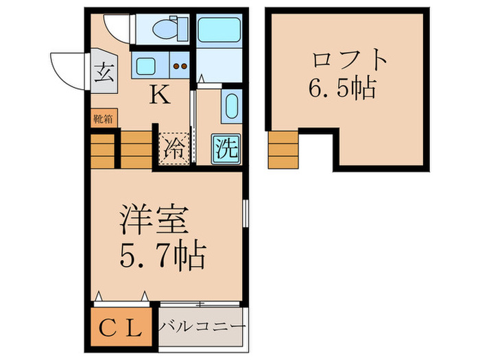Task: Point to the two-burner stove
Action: [x=180, y=67]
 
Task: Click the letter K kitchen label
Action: [x=160, y=95]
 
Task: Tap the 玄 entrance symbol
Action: [x=104, y=70]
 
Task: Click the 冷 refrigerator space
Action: [x=174, y=147]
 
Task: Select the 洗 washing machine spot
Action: [x=226, y=147]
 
